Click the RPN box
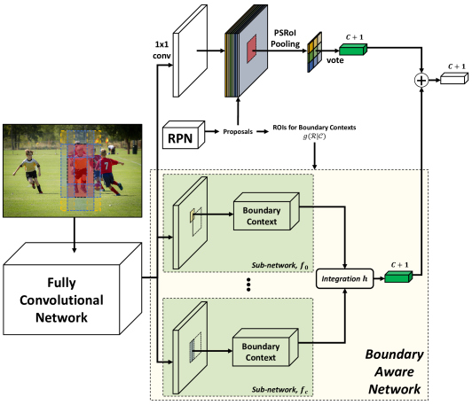[x=184, y=135]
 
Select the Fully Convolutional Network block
[x=72, y=289]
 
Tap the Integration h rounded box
[x=344, y=279]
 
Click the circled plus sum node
[x=421, y=81]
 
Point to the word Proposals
[x=238, y=132]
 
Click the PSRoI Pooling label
[x=285, y=38]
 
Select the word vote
[x=335, y=60]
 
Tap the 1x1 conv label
[x=161, y=50]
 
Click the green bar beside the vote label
[x=353, y=49]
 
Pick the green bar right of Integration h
[x=398, y=277]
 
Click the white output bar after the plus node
[x=454, y=78]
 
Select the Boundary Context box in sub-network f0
[x=266, y=212]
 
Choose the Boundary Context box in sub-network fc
[x=265, y=347]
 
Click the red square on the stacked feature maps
[x=252, y=49]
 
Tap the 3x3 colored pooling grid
[x=315, y=52]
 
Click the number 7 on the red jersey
[x=106, y=165]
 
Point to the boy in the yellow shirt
[x=29, y=170]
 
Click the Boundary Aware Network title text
[x=394, y=372]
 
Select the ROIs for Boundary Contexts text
[x=314, y=128]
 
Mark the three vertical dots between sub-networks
[x=248, y=284]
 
